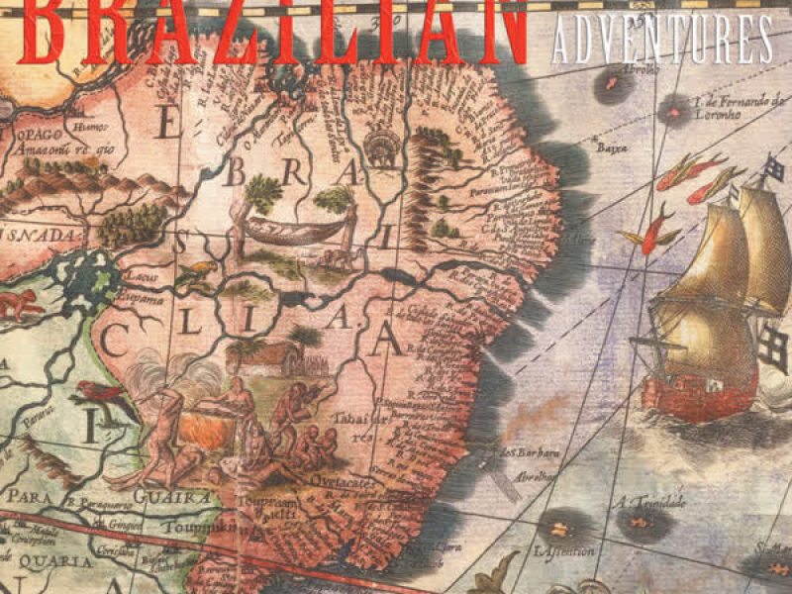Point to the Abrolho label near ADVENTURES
coord(614,73)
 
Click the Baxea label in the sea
coord(607,148)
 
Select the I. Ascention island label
coord(564,550)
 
